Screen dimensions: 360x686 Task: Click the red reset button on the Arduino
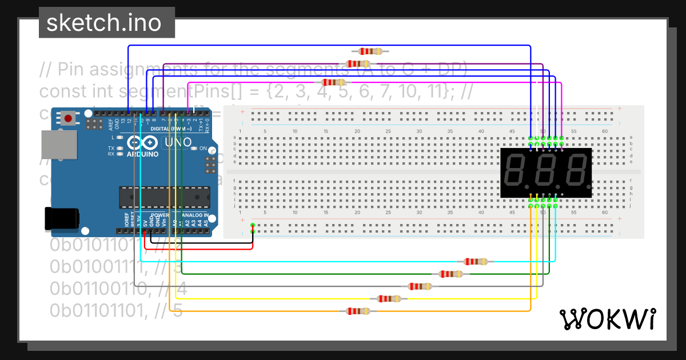[x=69, y=119]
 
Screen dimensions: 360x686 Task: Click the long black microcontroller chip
[x=165, y=197]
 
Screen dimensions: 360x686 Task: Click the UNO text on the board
[x=177, y=143]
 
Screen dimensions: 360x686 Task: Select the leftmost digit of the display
[x=516, y=173]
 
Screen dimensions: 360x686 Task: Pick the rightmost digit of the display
[x=574, y=173]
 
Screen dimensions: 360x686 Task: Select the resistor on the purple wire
[x=358, y=64]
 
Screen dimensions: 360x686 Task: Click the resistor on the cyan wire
[x=476, y=262]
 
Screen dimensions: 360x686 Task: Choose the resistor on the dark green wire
[x=450, y=274]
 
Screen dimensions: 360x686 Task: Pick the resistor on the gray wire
[x=420, y=286]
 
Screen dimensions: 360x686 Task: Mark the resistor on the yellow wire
[x=389, y=298]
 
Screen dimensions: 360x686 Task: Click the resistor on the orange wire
[x=358, y=311]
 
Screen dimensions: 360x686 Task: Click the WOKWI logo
[x=607, y=318]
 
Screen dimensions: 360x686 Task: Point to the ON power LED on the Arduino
[x=194, y=149]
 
